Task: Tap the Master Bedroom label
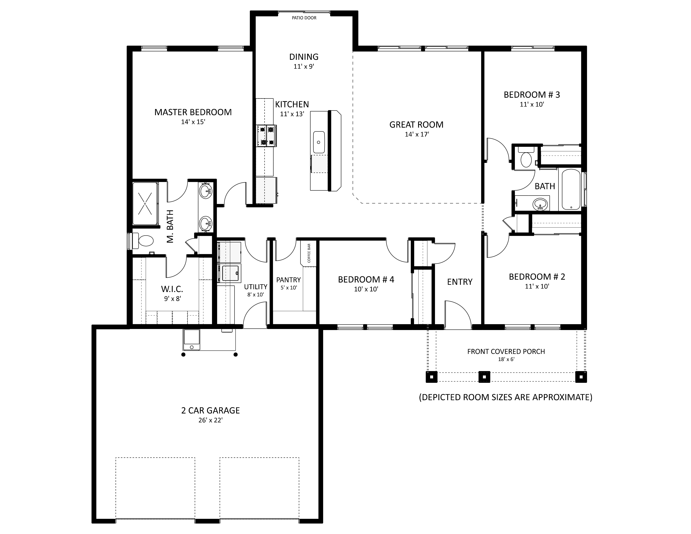click(193, 112)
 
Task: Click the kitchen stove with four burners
click(266, 136)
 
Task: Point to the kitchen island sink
click(319, 142)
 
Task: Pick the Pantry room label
click(288, 280)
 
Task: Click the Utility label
click(256, 287)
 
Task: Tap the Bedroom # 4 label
click(366, 280)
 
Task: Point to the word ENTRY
click(460, 282)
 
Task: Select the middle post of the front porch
click(484, 377)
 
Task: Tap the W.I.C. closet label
click(172, 289)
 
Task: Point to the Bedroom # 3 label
click(532, 95)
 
